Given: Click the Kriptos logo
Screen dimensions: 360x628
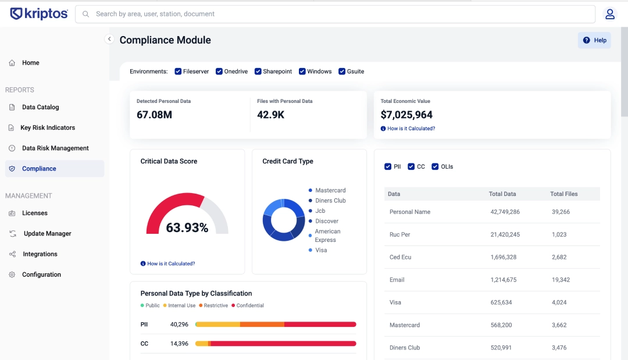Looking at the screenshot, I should (x=38, y=14).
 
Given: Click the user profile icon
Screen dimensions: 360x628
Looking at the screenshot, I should (x=610, y=14).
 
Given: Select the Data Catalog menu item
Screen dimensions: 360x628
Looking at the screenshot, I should (x=40, y=107).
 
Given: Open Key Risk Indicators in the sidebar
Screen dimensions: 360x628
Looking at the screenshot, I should (x=48, y=127).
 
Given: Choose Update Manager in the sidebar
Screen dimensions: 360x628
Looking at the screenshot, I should (x=47, y=233).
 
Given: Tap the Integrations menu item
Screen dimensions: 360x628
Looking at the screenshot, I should (x=40, y=254).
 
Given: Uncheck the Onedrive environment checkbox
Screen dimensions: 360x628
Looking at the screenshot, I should (x=219, y=72).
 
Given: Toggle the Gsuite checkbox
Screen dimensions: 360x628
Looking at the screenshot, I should (x=342, y=72).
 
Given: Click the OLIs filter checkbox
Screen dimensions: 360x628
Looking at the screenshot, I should (x=435, y=167).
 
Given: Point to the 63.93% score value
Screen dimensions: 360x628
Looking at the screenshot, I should (x=187, y=227).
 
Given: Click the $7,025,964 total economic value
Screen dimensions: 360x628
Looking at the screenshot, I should (x=406, y=115).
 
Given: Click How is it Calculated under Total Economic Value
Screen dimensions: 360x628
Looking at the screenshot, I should (x=411, y=129).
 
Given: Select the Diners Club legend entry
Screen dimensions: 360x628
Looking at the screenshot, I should (x=330, y=201).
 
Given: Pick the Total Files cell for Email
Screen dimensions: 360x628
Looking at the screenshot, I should (x=561, y=280).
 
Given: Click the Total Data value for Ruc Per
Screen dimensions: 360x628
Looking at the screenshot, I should (x=505, y=234).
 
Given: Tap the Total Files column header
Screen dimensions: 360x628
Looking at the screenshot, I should (x=563, y=194).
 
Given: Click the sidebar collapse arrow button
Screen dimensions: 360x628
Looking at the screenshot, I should (x=109, y=39).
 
